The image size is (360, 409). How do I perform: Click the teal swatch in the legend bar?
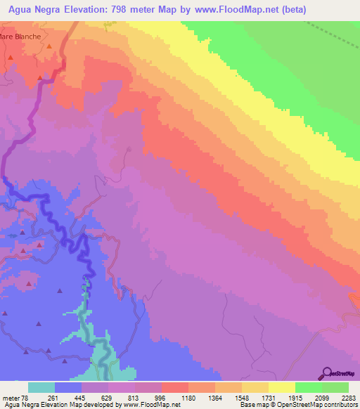tap(41, 387)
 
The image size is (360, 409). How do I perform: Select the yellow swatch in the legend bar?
tap(281, 387)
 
